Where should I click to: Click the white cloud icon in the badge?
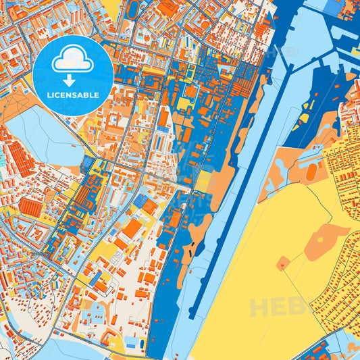pyautogui.click(x=73, y=60)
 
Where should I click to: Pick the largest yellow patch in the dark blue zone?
pyautogui.click(x=183, y=103)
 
